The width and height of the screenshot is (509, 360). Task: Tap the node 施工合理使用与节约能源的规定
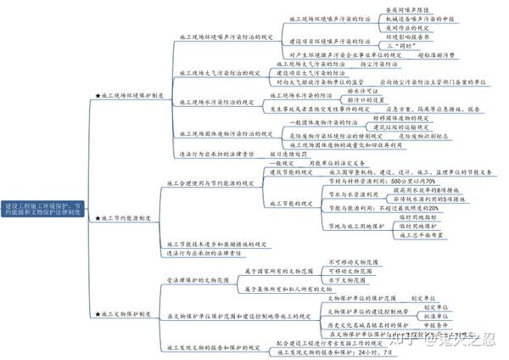tap(210, 182)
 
